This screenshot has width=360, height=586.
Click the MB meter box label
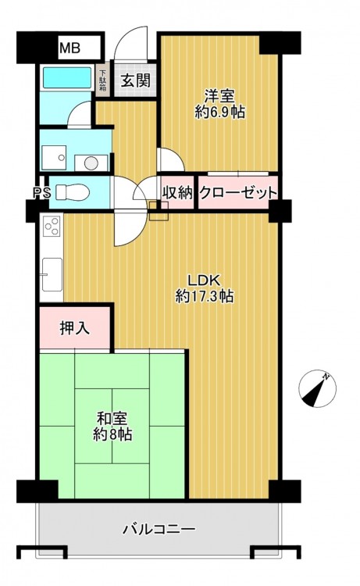point(70,48)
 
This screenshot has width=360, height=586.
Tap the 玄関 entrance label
point(136,80)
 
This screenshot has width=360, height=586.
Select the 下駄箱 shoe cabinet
point(102,81)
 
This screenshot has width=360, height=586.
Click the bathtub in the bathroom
point(67,77)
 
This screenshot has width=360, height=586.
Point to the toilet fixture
point(73,192)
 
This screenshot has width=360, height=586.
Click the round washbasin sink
point(91,163)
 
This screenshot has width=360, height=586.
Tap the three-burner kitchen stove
point(52,226)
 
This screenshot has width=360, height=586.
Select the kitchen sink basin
point(52,274)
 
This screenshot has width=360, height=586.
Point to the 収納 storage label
point(177,192)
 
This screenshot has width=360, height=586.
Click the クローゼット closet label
point(238,193)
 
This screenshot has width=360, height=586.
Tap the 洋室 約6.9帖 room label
point(219,104)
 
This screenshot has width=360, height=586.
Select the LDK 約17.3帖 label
point(205,288)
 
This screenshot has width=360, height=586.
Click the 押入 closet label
point(75,327)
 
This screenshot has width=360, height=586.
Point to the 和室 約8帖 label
point(112,426)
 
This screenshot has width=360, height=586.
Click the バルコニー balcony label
point(159,529)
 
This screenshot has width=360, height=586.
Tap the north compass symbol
point(317,388)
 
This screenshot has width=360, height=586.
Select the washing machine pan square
point(54,157)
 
